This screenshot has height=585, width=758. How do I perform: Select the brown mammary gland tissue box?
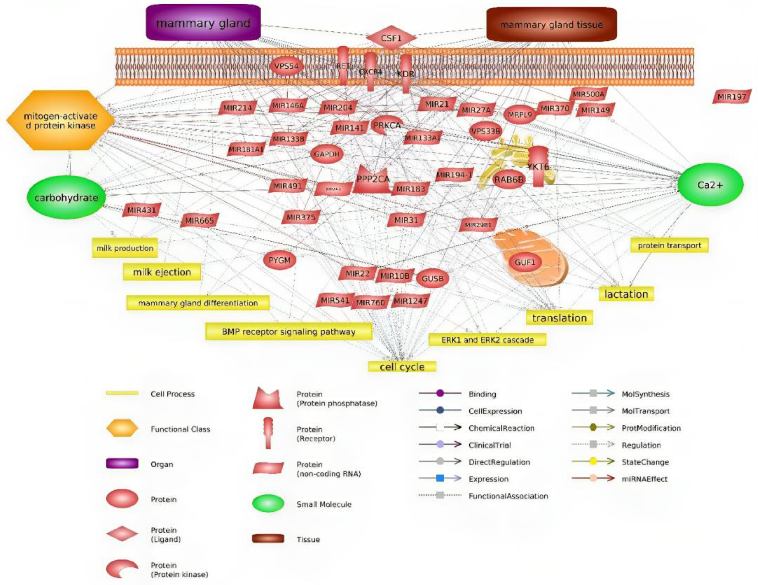click(551, 24)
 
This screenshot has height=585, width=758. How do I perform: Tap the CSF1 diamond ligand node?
click(391, 38)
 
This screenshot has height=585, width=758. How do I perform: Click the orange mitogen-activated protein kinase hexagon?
click(61, 120)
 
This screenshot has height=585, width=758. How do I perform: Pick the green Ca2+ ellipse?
click(710, 185)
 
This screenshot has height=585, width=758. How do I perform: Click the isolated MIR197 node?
click(732, 96)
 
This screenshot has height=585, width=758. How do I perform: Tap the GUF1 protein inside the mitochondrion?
click(525, 262)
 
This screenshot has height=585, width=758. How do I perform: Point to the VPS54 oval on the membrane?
click(286, 66)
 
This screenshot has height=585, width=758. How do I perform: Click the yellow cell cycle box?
click(402, 367)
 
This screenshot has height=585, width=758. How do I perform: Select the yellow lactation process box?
click(626, 294)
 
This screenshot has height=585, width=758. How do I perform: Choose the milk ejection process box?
click(162, 272)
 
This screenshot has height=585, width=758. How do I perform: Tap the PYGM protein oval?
click(279, 260)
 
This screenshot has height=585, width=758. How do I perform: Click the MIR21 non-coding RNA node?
click(437, 104)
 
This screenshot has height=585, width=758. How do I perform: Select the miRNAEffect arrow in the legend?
click(593, 479)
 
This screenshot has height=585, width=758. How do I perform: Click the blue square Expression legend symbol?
click(440, 479)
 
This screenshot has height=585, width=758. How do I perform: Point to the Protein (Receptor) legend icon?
click(268, 433)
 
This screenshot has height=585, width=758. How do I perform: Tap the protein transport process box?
click(669, 245)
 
